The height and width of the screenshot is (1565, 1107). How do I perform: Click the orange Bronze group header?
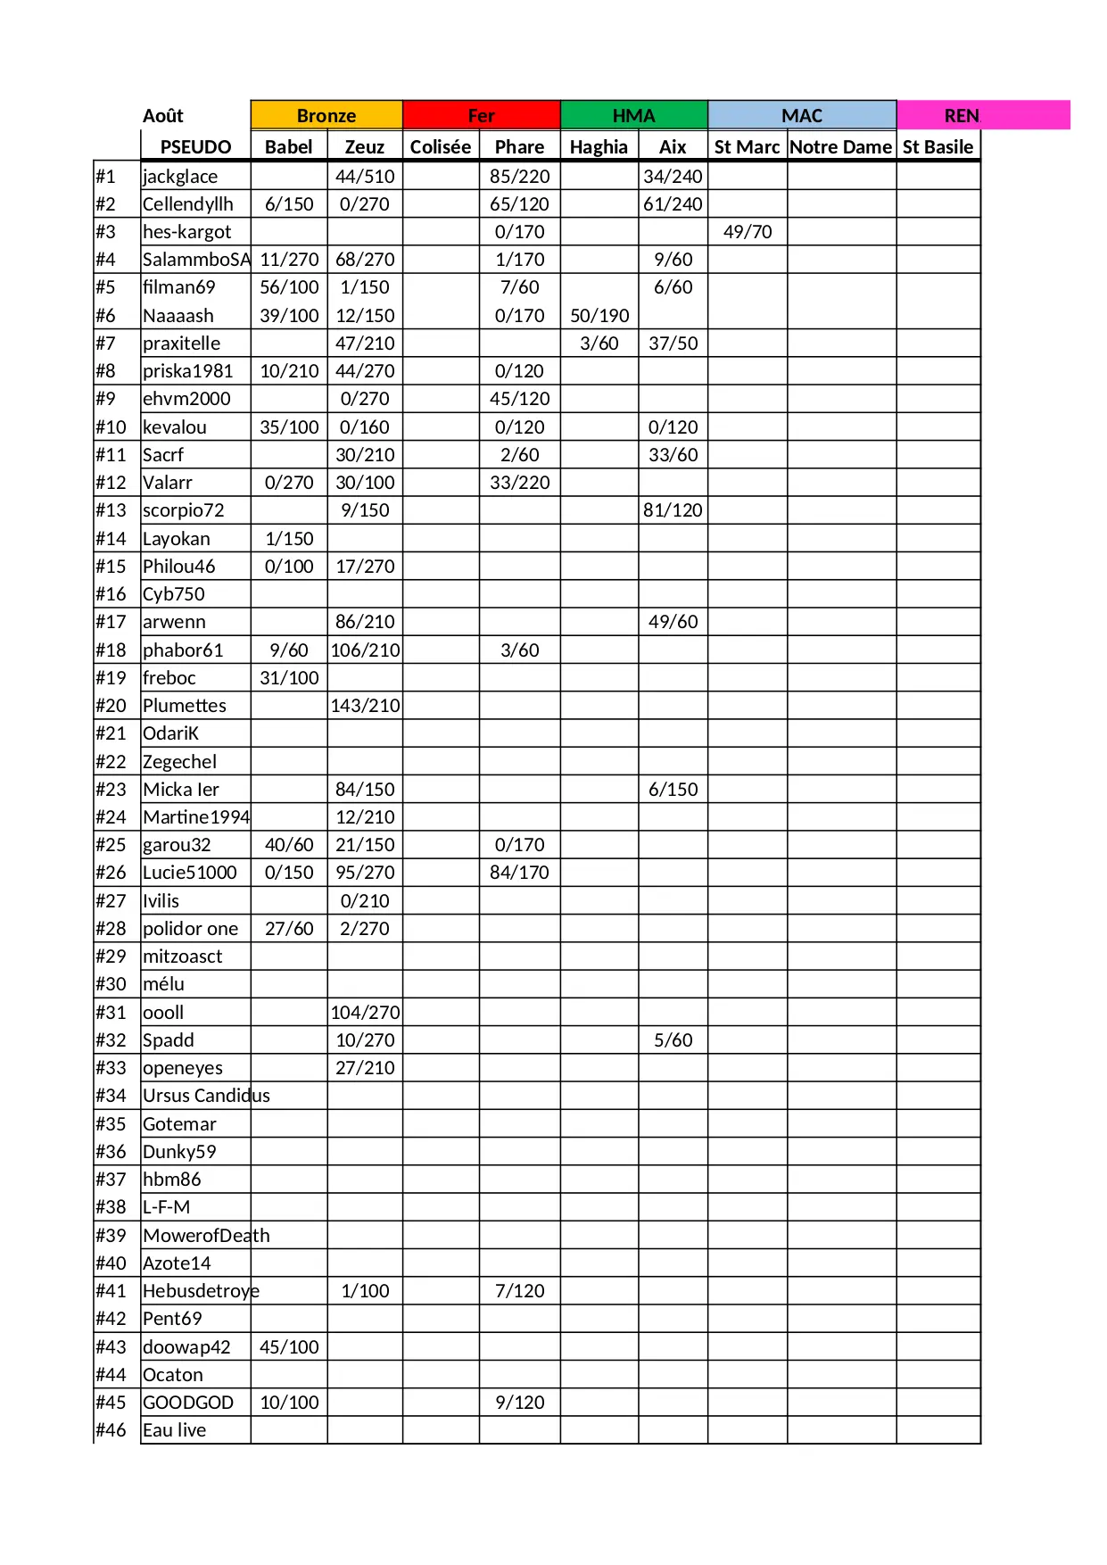tap(326, 115)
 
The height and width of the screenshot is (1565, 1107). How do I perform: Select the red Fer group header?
tap(481, 115)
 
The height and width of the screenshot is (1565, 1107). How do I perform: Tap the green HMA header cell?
tap(633, 115)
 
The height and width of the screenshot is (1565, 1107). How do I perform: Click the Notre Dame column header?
tap(840, 147)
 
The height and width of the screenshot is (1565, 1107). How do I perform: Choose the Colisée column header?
tap(441, 147)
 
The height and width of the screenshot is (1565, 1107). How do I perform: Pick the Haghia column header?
tap(599, 147)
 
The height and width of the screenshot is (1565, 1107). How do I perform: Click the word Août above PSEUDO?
tap(163, 116)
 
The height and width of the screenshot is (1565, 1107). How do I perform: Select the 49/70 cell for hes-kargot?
tap(748, 232)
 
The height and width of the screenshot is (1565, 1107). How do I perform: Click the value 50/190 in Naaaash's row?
tap(599, 316)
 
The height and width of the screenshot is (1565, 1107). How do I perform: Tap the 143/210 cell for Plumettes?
tap(365, 706)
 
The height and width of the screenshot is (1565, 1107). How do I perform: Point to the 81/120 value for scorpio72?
tap(673, 510)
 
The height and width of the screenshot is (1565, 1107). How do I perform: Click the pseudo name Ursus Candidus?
tap(206, 1096)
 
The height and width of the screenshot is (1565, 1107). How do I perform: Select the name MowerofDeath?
tap(206, 1236)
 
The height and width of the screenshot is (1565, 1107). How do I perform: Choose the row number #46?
tap(112, 1430)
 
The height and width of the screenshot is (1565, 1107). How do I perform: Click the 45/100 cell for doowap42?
tap(289, 1347)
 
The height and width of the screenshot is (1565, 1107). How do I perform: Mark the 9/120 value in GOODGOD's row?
tap(519, 1403)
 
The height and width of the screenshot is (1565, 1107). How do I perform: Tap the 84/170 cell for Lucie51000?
tap(519, 873)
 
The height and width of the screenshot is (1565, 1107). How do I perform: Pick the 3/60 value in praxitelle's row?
tap(599, 344)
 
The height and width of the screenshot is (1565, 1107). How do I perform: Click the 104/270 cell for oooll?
tap(365, 1013)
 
